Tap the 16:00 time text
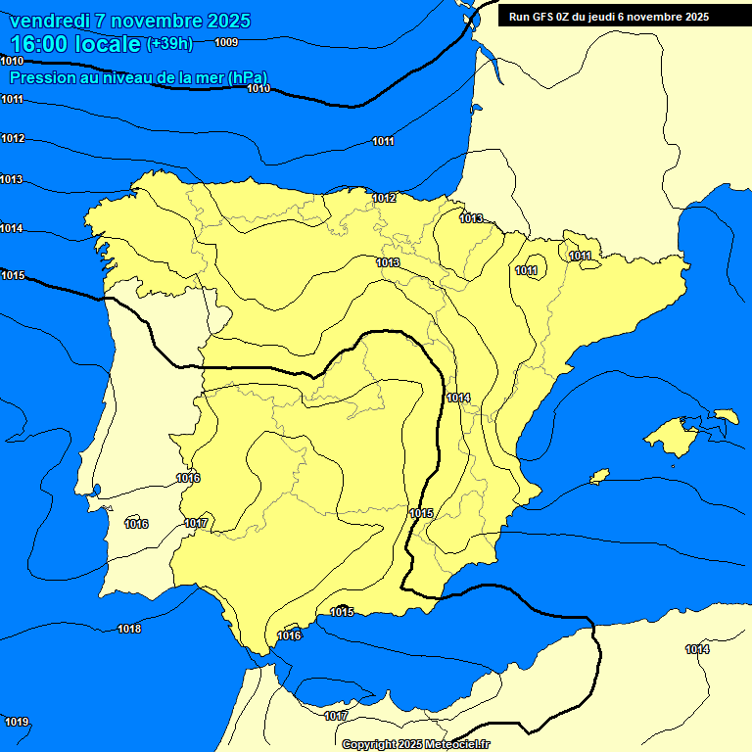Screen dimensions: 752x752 (x=40, y=44)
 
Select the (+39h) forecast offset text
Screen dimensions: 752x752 (x=169, y=44)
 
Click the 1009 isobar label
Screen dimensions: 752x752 (x=225, y=42)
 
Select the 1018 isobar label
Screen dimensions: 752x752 (x=129, y=629)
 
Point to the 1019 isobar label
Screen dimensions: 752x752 (x=17, y=723)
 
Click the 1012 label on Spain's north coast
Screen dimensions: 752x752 (x=384, y=199)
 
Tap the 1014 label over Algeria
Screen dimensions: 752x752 (x=697, y=649)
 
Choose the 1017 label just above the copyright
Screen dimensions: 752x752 (x=336, y=717)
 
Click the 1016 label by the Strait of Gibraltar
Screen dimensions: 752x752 (x=290, y=635)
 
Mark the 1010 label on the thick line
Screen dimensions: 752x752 (x=258, y=89)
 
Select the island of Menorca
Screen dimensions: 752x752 (x=726, y=416)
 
